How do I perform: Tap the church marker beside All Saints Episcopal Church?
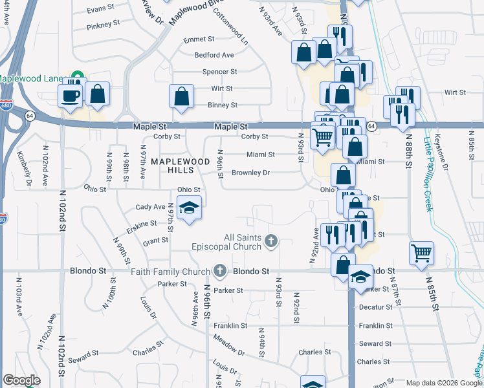point(271,242)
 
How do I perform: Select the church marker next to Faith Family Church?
point(220,271)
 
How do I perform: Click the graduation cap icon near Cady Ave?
point(189,208)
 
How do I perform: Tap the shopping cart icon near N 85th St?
point(421,252)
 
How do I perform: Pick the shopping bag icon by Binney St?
point(182,96)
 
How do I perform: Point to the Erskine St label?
point(144,223)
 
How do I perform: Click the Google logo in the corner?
point(22,380)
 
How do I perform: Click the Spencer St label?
point(219,72)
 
